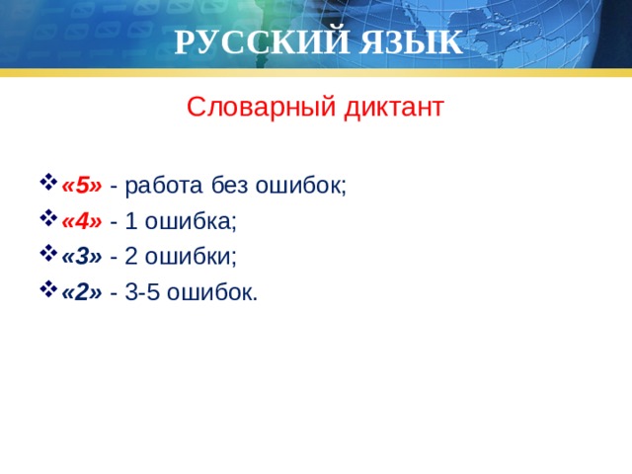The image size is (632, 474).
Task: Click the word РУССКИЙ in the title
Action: click(251, 42)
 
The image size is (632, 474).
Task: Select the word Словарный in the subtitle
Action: click(259, 106)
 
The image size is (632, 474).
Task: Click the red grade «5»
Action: click(81, 186)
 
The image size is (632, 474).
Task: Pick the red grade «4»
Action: click(81, 221)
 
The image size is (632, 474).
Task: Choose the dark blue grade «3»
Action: click(81, 257)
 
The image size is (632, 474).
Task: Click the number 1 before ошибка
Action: click(131, 221)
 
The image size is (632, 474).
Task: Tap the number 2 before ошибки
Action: click(131, 257)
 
